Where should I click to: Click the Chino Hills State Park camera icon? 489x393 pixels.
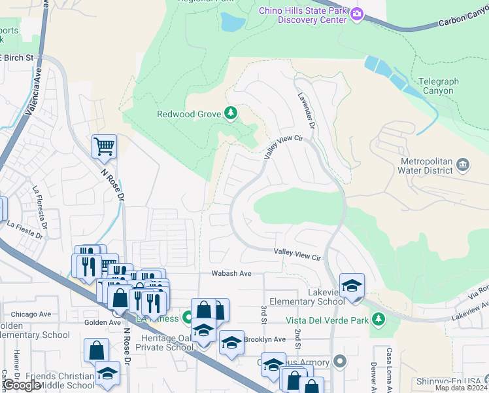point(356,14)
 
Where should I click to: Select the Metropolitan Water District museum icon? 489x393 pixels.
point(463,163)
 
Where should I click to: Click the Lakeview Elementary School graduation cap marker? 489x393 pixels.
point(352,286)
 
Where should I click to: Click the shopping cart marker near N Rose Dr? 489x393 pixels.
point(104,147)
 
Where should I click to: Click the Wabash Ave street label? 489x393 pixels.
point(231,273)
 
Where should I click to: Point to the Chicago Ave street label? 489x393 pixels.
point(31,314)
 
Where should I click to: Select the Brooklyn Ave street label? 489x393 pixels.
point(264,339)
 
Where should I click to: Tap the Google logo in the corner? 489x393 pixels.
point(22,385)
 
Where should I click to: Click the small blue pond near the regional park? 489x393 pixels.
point(232,23)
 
